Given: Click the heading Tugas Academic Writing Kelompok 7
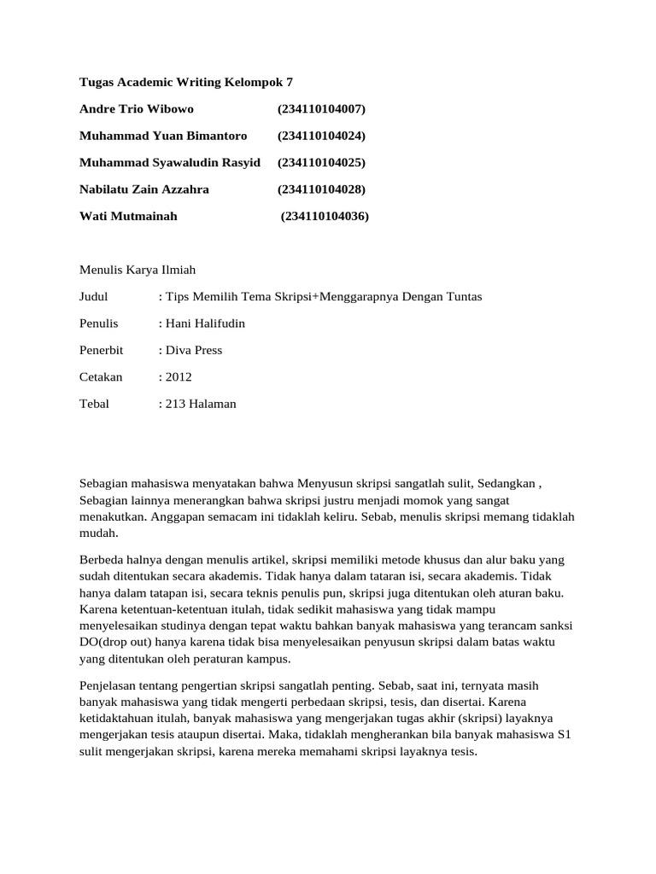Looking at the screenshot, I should pyautogui.click(x=185, y=82).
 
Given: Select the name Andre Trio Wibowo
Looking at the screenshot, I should pyautogui.click(x=137, y=109).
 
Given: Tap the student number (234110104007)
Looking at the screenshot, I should pyautogui.click(x=321, y=109).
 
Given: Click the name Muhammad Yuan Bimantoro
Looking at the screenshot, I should pyautogui.click(x=163, y=136).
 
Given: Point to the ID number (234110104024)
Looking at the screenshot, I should pyautogui.click(x=321, y=136).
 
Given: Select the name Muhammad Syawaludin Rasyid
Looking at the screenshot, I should pyautogui.click(x=169, y=162).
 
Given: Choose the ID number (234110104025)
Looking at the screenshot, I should pyautogui.click(x=321, y=162).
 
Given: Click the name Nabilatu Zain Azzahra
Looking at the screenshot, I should pyautogui.click(x=143, y=189).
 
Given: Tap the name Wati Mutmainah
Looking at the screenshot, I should pyautogui.click(x=128, y=216).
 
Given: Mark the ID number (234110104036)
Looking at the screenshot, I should pyautogui.click(x=325, y=216).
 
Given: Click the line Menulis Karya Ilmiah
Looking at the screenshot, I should pyautogui.click(x=138, y=270).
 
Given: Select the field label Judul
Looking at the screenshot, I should pyautogui.click(x=94, y=296).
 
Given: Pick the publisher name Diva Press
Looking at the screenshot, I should pyautogui.click(x=194, y=350).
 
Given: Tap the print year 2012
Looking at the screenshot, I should pyautogui.click(x=179, y=376).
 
